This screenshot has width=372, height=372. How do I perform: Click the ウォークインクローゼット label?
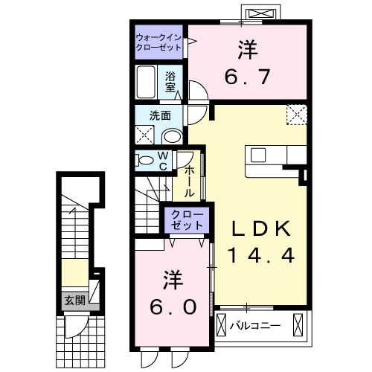point(159,43)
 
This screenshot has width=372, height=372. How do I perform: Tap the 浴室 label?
point(170,81)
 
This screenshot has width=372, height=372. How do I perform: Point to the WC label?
point(163,161)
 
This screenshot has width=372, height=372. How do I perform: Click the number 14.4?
point(260,255)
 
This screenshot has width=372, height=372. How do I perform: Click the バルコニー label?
point(254,325)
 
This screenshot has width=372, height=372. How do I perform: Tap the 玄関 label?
point(74,301)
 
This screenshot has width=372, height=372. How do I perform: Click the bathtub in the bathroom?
point(146,82)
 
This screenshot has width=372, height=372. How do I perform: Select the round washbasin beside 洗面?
point(172,136)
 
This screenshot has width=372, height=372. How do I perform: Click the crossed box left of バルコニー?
point(221,324)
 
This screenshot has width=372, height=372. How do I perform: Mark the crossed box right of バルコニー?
point(299,324)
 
